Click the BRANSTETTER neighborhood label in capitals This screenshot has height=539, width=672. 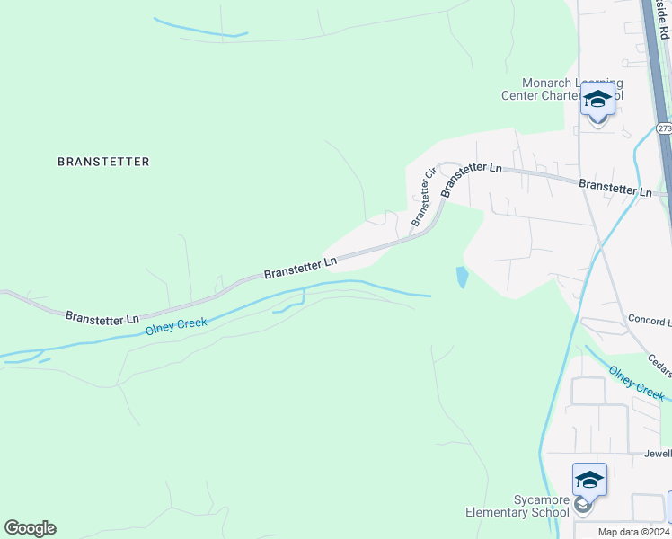click(103, 162)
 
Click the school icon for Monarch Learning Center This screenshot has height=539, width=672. click(597, 100)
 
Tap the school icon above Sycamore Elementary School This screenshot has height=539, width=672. click(589, 481)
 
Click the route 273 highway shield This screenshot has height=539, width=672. click(663, 128)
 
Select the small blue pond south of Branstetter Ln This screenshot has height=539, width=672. click(462, 277)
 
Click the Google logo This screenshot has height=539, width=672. click(30, 528)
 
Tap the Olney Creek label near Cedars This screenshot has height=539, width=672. click(636, 383)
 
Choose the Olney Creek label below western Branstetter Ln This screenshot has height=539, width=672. click(176, 326)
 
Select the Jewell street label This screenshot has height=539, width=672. click(657, 454)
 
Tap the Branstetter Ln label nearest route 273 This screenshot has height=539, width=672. click(615, 189)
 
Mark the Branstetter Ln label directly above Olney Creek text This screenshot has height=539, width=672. click(300, 266)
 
